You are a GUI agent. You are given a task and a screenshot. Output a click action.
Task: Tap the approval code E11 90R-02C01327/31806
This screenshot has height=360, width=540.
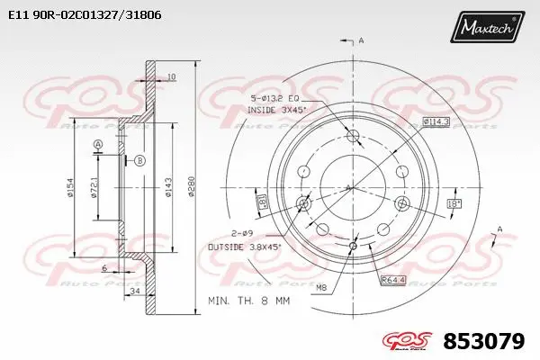pyautogui.click(x=79, y=15)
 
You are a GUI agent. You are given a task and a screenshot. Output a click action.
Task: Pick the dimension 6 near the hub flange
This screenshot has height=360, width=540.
pyautogui.click(x=104, y=268)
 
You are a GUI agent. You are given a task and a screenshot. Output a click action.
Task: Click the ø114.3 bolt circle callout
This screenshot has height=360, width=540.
pyautogui.click(x=435, y=121)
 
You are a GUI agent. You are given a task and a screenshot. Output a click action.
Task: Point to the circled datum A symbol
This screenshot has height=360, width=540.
pyautogui.click(x=99, y=145)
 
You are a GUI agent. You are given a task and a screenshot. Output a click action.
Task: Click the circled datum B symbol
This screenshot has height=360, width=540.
pyautogui.click(x=139, y=160)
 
